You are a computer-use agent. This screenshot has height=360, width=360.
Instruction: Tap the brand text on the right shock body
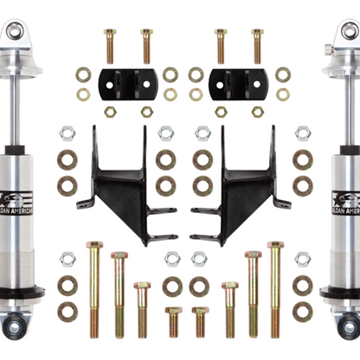[x=344, y=213]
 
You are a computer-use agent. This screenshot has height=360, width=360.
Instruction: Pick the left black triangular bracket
[x=121, y=186]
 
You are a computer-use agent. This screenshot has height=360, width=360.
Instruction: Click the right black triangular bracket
[x=240, y=186]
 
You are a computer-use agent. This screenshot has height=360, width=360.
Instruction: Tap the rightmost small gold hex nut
[x=257, y=112]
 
